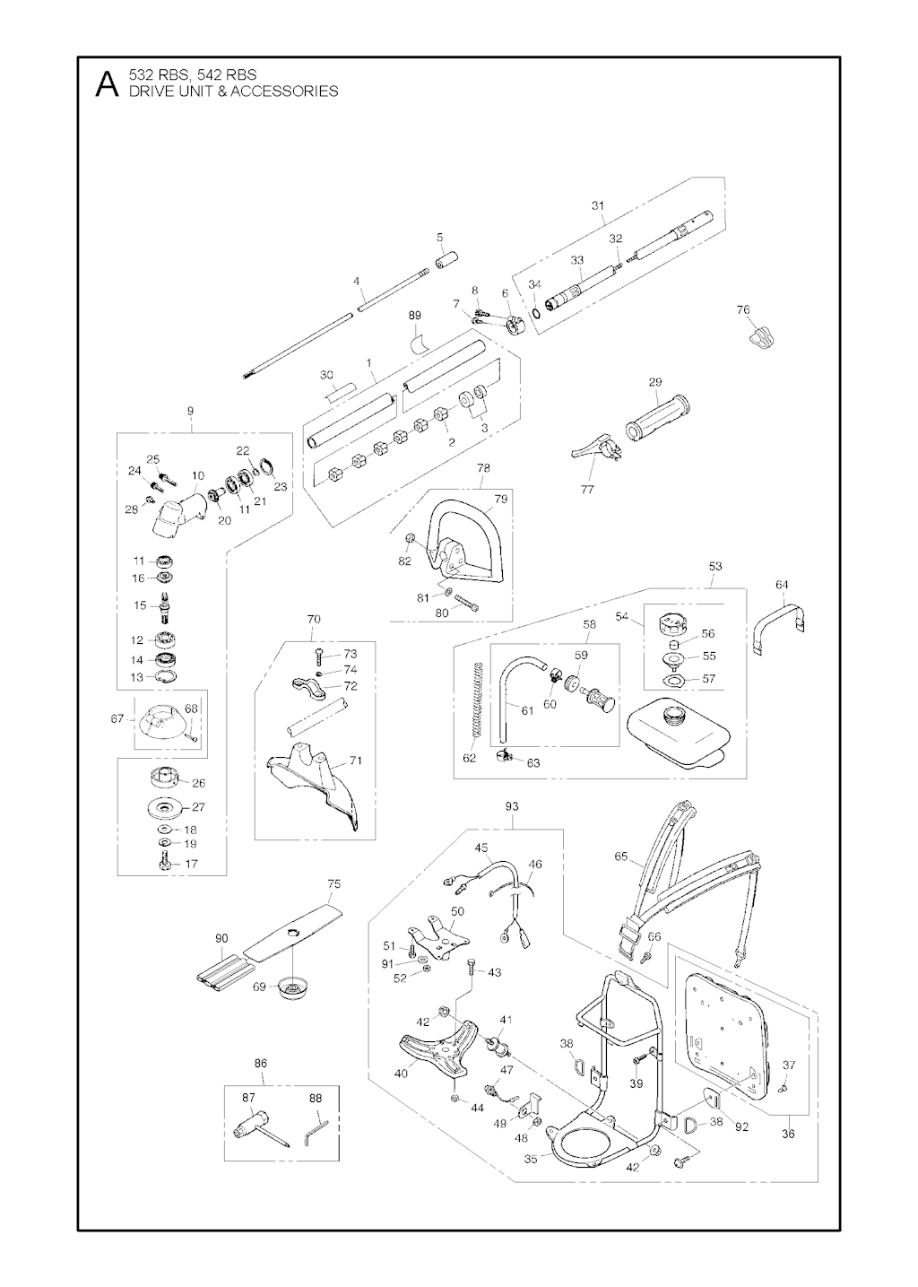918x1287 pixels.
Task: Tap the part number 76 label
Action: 743,310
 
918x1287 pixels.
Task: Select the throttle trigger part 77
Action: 595,448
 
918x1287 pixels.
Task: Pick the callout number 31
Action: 598,206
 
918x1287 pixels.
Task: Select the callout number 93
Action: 512,806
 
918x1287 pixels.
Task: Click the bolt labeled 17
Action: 164,864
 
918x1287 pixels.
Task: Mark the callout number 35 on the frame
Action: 531,1159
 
